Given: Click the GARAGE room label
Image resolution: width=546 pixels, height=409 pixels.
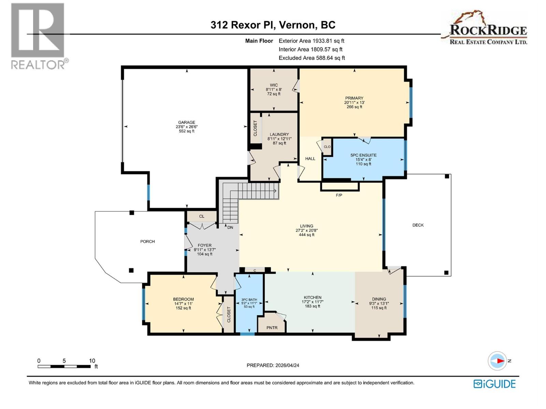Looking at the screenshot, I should click(x=186, y=122).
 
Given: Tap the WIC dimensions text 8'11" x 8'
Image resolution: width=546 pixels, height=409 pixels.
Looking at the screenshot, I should click(x=274, y=90).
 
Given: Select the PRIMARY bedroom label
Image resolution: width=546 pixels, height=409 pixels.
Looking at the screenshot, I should click(x=354, y=98).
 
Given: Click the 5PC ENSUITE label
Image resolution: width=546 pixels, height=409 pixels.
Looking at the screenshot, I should click(x=363, y=155).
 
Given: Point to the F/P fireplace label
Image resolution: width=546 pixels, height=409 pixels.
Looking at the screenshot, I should click(x=339, y=195).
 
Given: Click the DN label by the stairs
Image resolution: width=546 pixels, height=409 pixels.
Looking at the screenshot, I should click(x=230, y=227).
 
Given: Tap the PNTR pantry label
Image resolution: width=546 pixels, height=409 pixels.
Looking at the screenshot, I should click(x=272, y=328).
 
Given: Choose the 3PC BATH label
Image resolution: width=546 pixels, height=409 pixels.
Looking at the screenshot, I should click(x=249, y=300).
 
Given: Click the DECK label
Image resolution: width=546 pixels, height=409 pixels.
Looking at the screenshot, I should click(x=418, y=225).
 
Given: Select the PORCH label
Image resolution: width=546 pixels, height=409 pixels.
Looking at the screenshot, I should click(x=147, y=241).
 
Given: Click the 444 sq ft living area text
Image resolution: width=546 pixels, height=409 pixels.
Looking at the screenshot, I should click(x=306, y=235).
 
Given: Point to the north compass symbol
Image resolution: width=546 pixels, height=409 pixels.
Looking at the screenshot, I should click(x=498, y=361).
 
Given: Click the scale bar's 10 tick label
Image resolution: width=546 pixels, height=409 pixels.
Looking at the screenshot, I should click(x=92, y=361).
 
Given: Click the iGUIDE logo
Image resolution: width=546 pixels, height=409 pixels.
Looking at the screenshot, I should click(x=494, y=384).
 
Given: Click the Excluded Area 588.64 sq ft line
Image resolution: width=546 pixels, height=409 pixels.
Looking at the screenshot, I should click(x=312, y=58).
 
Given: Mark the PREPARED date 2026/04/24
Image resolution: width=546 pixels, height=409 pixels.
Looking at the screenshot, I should click(x=273, y=365).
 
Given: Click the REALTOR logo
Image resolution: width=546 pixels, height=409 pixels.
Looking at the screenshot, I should click(x=38, y=36).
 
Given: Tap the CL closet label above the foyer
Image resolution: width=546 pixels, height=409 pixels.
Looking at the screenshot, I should click(x=202, y=216).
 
